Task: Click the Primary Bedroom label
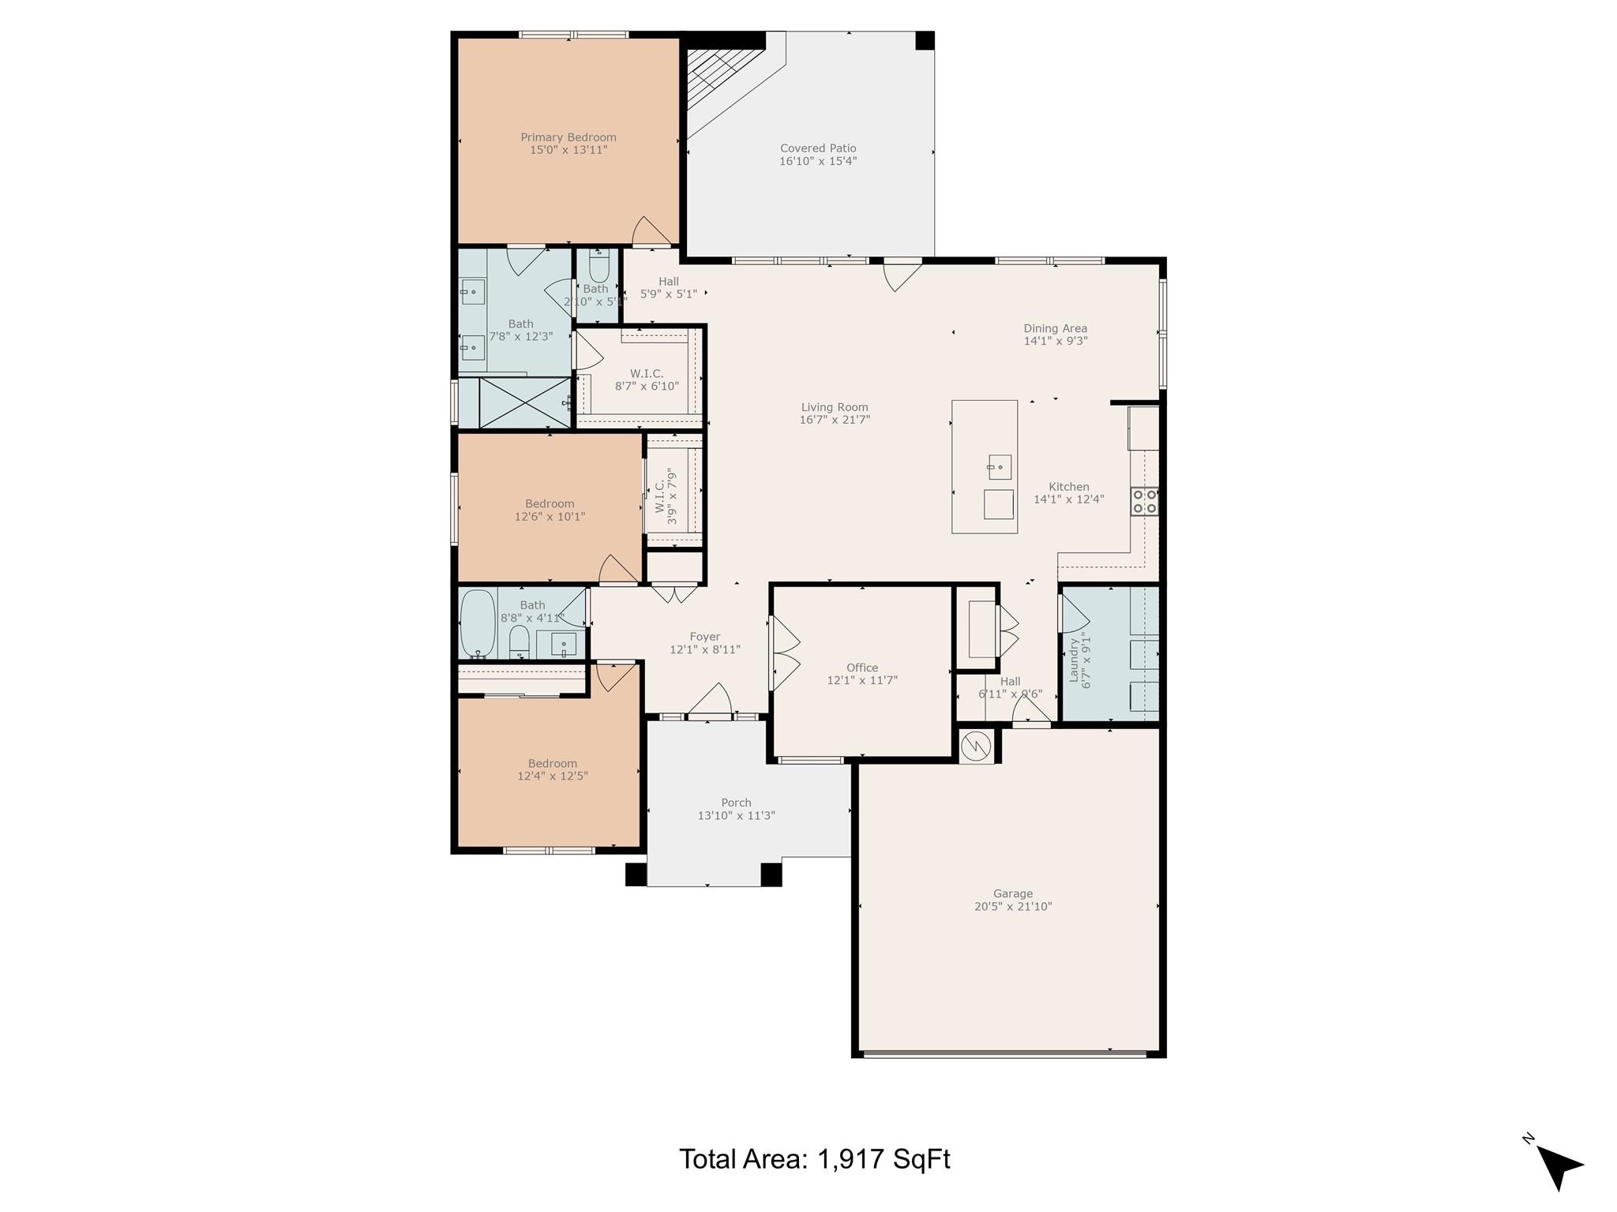[568, 137]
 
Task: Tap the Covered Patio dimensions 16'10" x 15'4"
[818, 161]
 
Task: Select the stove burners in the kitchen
[1144, 502]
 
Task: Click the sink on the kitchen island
[999, 467]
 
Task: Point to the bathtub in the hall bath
[477, 623]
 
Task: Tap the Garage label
[1013, 894]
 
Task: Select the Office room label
[862, 668]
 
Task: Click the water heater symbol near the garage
[977, 745]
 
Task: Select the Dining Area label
[1055, 328]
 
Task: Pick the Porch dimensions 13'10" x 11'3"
[736, 816]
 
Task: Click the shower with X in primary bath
[523, 403]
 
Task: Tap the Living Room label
[835, 407]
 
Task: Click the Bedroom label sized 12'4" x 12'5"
[552, 763]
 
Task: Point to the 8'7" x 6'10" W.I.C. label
[647, 374]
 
